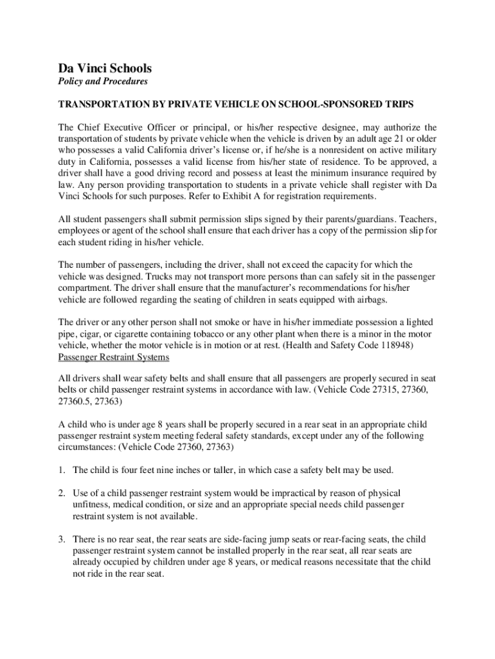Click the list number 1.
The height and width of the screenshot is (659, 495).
(x=62, y=470)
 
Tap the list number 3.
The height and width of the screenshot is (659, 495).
(x=62, y=539)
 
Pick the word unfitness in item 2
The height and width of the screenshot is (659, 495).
(x=91, y=505)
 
